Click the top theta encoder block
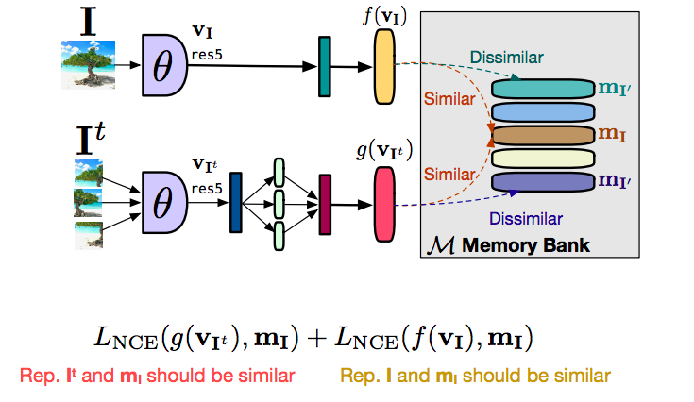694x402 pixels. [166, 64]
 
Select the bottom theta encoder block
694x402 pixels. [166, 201]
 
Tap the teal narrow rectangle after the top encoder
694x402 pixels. [324, 65]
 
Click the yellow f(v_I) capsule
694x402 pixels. [385, 65]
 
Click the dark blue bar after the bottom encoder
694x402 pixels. [235, 202]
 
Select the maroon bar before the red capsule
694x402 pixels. [325, 202]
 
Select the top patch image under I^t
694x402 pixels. [87, 172]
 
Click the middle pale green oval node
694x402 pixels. [279, 203]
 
